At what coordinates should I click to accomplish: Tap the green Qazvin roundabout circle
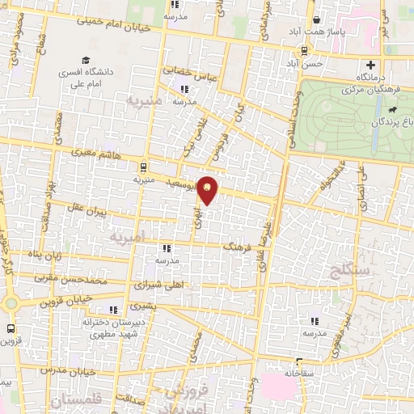[11, 303]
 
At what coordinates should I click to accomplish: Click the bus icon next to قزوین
[11, 329]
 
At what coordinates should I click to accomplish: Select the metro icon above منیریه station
[144, 167]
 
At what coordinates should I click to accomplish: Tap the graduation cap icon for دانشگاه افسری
[85, 60]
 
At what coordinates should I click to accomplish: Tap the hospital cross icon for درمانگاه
[371, 65]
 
